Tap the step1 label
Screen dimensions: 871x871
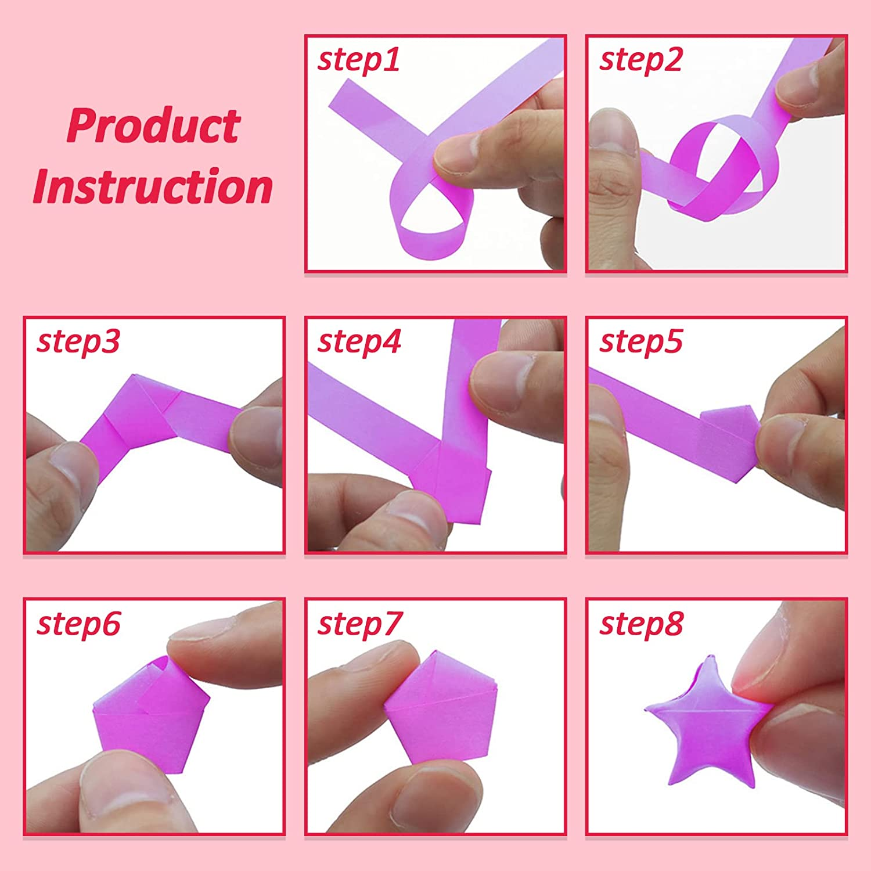click(359, 60)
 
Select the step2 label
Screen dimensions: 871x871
click(640, 60)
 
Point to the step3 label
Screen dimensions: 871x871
click(78, 341)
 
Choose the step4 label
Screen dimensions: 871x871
click(359, 341)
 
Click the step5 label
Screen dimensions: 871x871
click(640, 341)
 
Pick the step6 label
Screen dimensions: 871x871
click(78, 624)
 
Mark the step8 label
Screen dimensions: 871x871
click(641, 624)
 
